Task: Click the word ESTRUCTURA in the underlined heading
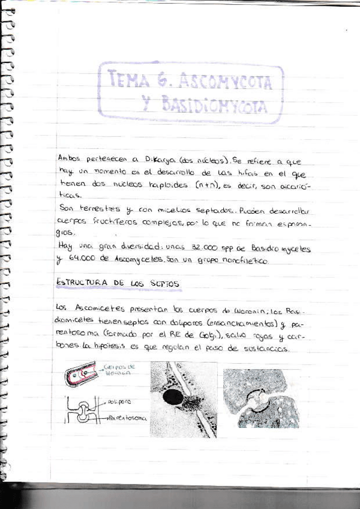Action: tap(82, 283)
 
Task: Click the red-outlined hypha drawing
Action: tap(81, 375)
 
